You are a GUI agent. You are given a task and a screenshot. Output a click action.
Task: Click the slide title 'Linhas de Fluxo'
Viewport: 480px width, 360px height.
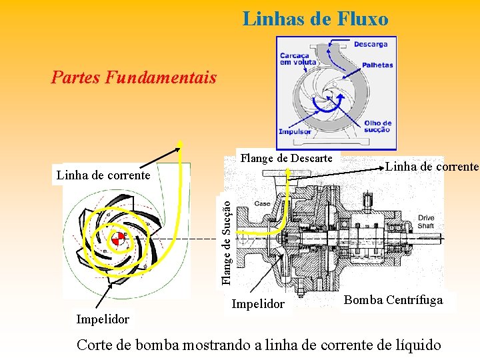(315, 19)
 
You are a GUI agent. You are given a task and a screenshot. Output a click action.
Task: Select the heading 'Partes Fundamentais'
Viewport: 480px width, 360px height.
(133, 78)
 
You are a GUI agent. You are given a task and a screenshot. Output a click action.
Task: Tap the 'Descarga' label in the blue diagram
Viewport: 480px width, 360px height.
(370, 45)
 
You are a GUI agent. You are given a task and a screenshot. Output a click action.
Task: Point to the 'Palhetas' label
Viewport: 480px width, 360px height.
(377, 65)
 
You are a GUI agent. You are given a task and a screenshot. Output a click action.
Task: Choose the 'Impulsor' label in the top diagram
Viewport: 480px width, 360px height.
(295, 131)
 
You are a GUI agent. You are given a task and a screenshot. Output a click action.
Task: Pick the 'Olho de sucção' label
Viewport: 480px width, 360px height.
(377, 127)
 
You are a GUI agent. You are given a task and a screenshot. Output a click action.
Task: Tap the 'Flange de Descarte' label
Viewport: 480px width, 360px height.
(286, 158)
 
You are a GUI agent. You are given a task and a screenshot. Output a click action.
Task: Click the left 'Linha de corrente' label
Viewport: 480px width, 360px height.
(103, 175)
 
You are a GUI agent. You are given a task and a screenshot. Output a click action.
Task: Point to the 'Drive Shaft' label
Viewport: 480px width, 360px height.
(425, 222)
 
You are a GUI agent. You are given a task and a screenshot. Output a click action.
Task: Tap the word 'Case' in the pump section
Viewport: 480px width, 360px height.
(261, 203)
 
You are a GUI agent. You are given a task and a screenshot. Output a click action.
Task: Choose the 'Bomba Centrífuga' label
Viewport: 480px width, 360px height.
(393, 300)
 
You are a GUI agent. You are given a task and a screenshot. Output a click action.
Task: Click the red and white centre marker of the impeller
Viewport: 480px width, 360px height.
(118, 239)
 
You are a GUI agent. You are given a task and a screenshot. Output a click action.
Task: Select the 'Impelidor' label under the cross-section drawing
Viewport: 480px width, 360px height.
(257, 304)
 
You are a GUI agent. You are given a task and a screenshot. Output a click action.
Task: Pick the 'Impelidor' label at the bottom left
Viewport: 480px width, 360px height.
(103, 319)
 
